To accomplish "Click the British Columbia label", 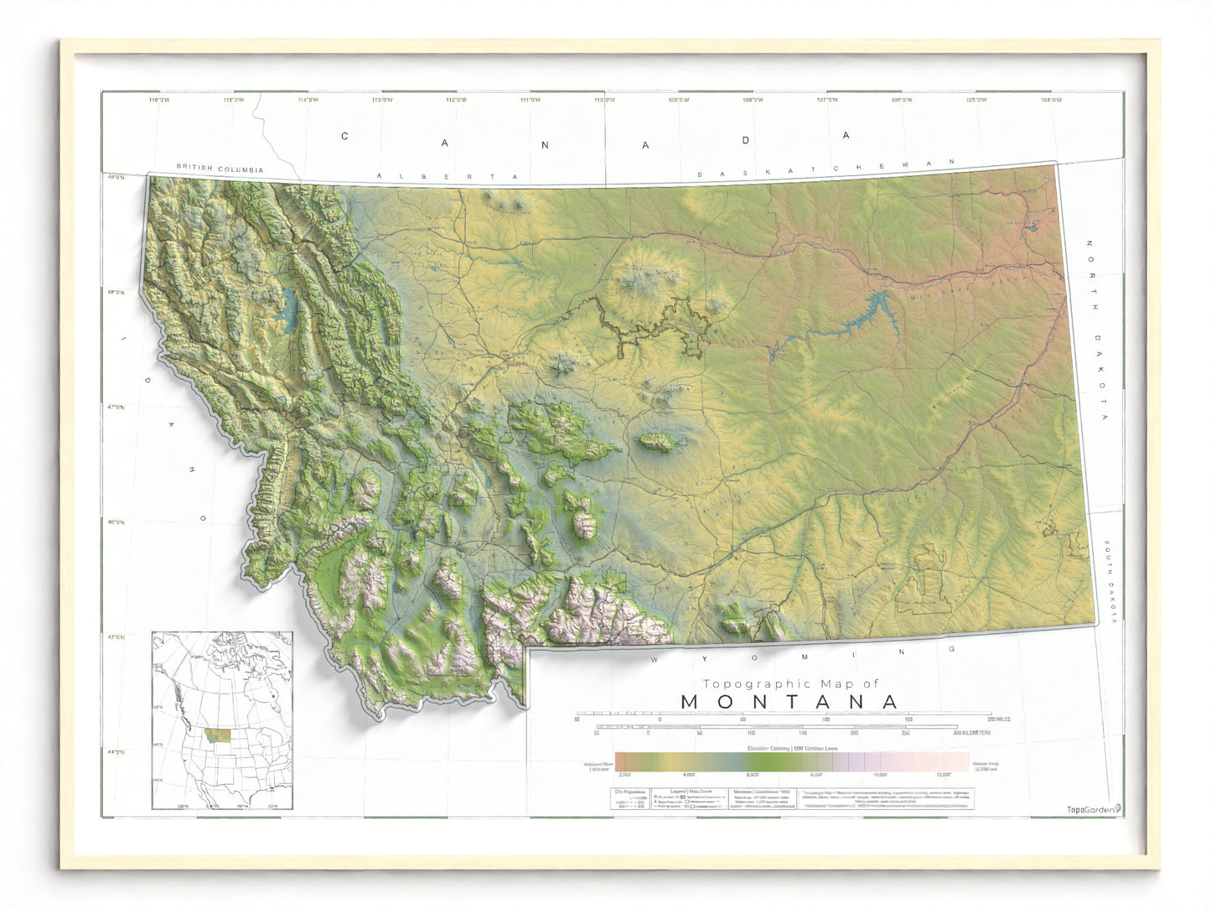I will point(220,169).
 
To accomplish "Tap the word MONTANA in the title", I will point(789,702).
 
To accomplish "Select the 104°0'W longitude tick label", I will point(1051,101).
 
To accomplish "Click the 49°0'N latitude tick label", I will point(115,177).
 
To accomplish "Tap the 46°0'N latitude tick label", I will point(115,522).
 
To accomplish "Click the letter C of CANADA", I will point(344,136).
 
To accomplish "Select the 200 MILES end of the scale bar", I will point(997,719).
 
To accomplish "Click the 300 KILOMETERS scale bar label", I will point(970,733).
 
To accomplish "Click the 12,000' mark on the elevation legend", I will point(944,776).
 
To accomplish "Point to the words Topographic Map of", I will point(789,683).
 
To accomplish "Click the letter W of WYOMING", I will point(656,660).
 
